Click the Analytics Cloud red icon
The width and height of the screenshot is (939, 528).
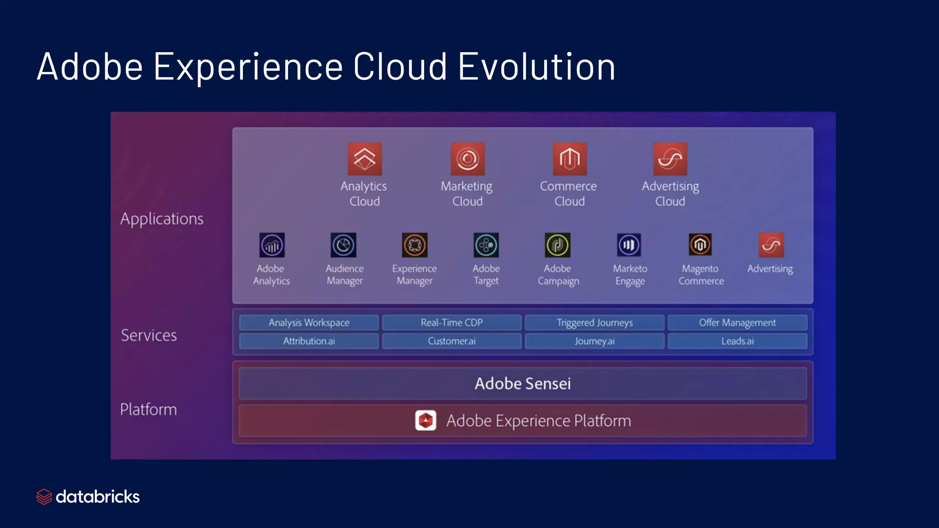pos(365,159)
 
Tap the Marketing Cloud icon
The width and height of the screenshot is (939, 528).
pos(467,159)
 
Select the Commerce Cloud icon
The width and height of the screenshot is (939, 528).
pos(569,159)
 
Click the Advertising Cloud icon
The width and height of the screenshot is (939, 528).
pos(670,159)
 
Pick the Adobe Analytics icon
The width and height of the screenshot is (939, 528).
pos(272,245)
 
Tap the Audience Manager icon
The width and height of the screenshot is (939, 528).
pos(343,245)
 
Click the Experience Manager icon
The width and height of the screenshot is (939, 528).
pos(414,245)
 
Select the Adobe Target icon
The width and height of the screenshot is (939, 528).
pos(486,245)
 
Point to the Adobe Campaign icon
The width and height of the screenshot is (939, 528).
pos(558,245)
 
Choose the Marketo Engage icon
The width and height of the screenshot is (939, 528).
pos(629,245)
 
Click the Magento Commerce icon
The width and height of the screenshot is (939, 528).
pos(700,245)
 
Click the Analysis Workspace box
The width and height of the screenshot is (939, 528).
pos(309,323)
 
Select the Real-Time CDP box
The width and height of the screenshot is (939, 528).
pos(452,323)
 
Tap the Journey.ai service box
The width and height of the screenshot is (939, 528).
pos(594,341)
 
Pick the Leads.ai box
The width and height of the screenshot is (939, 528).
pos(737,341)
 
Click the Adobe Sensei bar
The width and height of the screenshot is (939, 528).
pos(523,384)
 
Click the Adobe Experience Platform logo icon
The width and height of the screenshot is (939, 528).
pos(425,420)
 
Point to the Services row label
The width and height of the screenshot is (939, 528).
pos(149,335)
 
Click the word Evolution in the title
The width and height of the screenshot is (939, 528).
pos(536,67)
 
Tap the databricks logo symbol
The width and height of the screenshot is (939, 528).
pos(44,497)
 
